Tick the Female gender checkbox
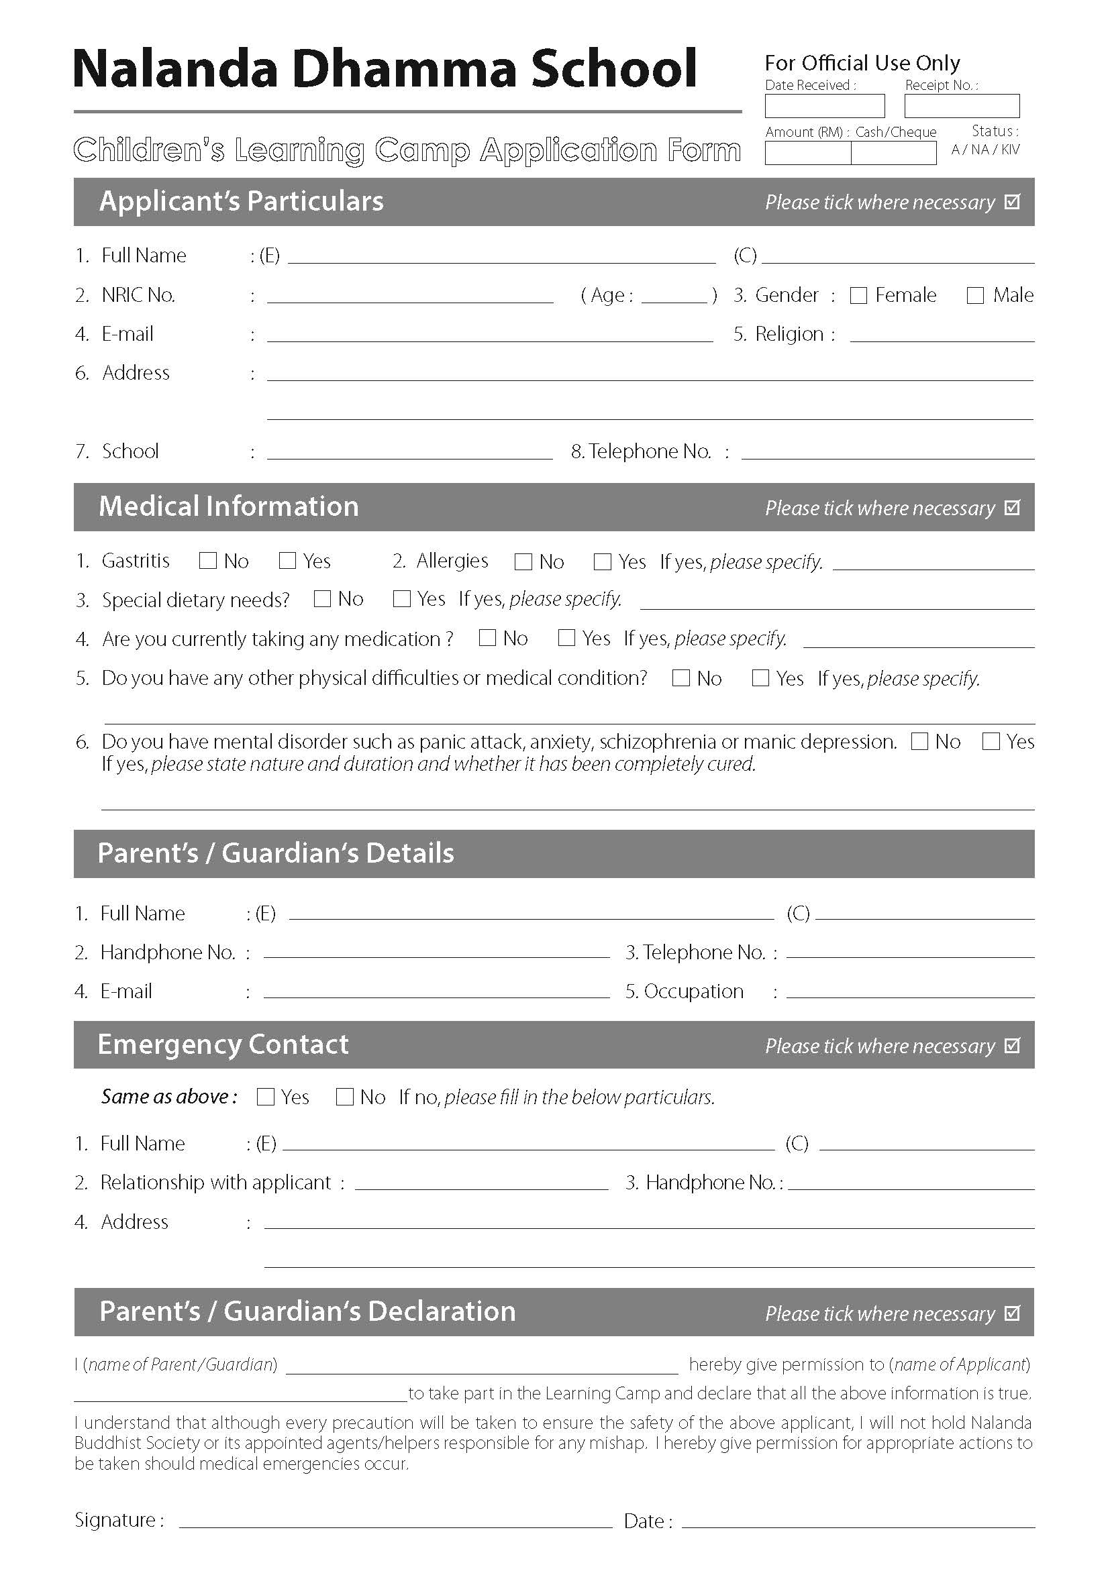(858, 295)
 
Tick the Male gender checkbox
(975, 295)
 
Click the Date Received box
(824, 106)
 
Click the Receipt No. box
(962, 106)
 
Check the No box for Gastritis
(207, 561)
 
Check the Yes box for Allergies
(602, 561)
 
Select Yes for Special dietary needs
(401, 599)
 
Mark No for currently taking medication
(487, 638)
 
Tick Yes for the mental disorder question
(991, 741)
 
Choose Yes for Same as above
(265, 1097)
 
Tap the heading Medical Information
(229, 506)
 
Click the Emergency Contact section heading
(223, 1045)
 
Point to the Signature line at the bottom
(395, 1521)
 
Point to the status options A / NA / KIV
(985, 150)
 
